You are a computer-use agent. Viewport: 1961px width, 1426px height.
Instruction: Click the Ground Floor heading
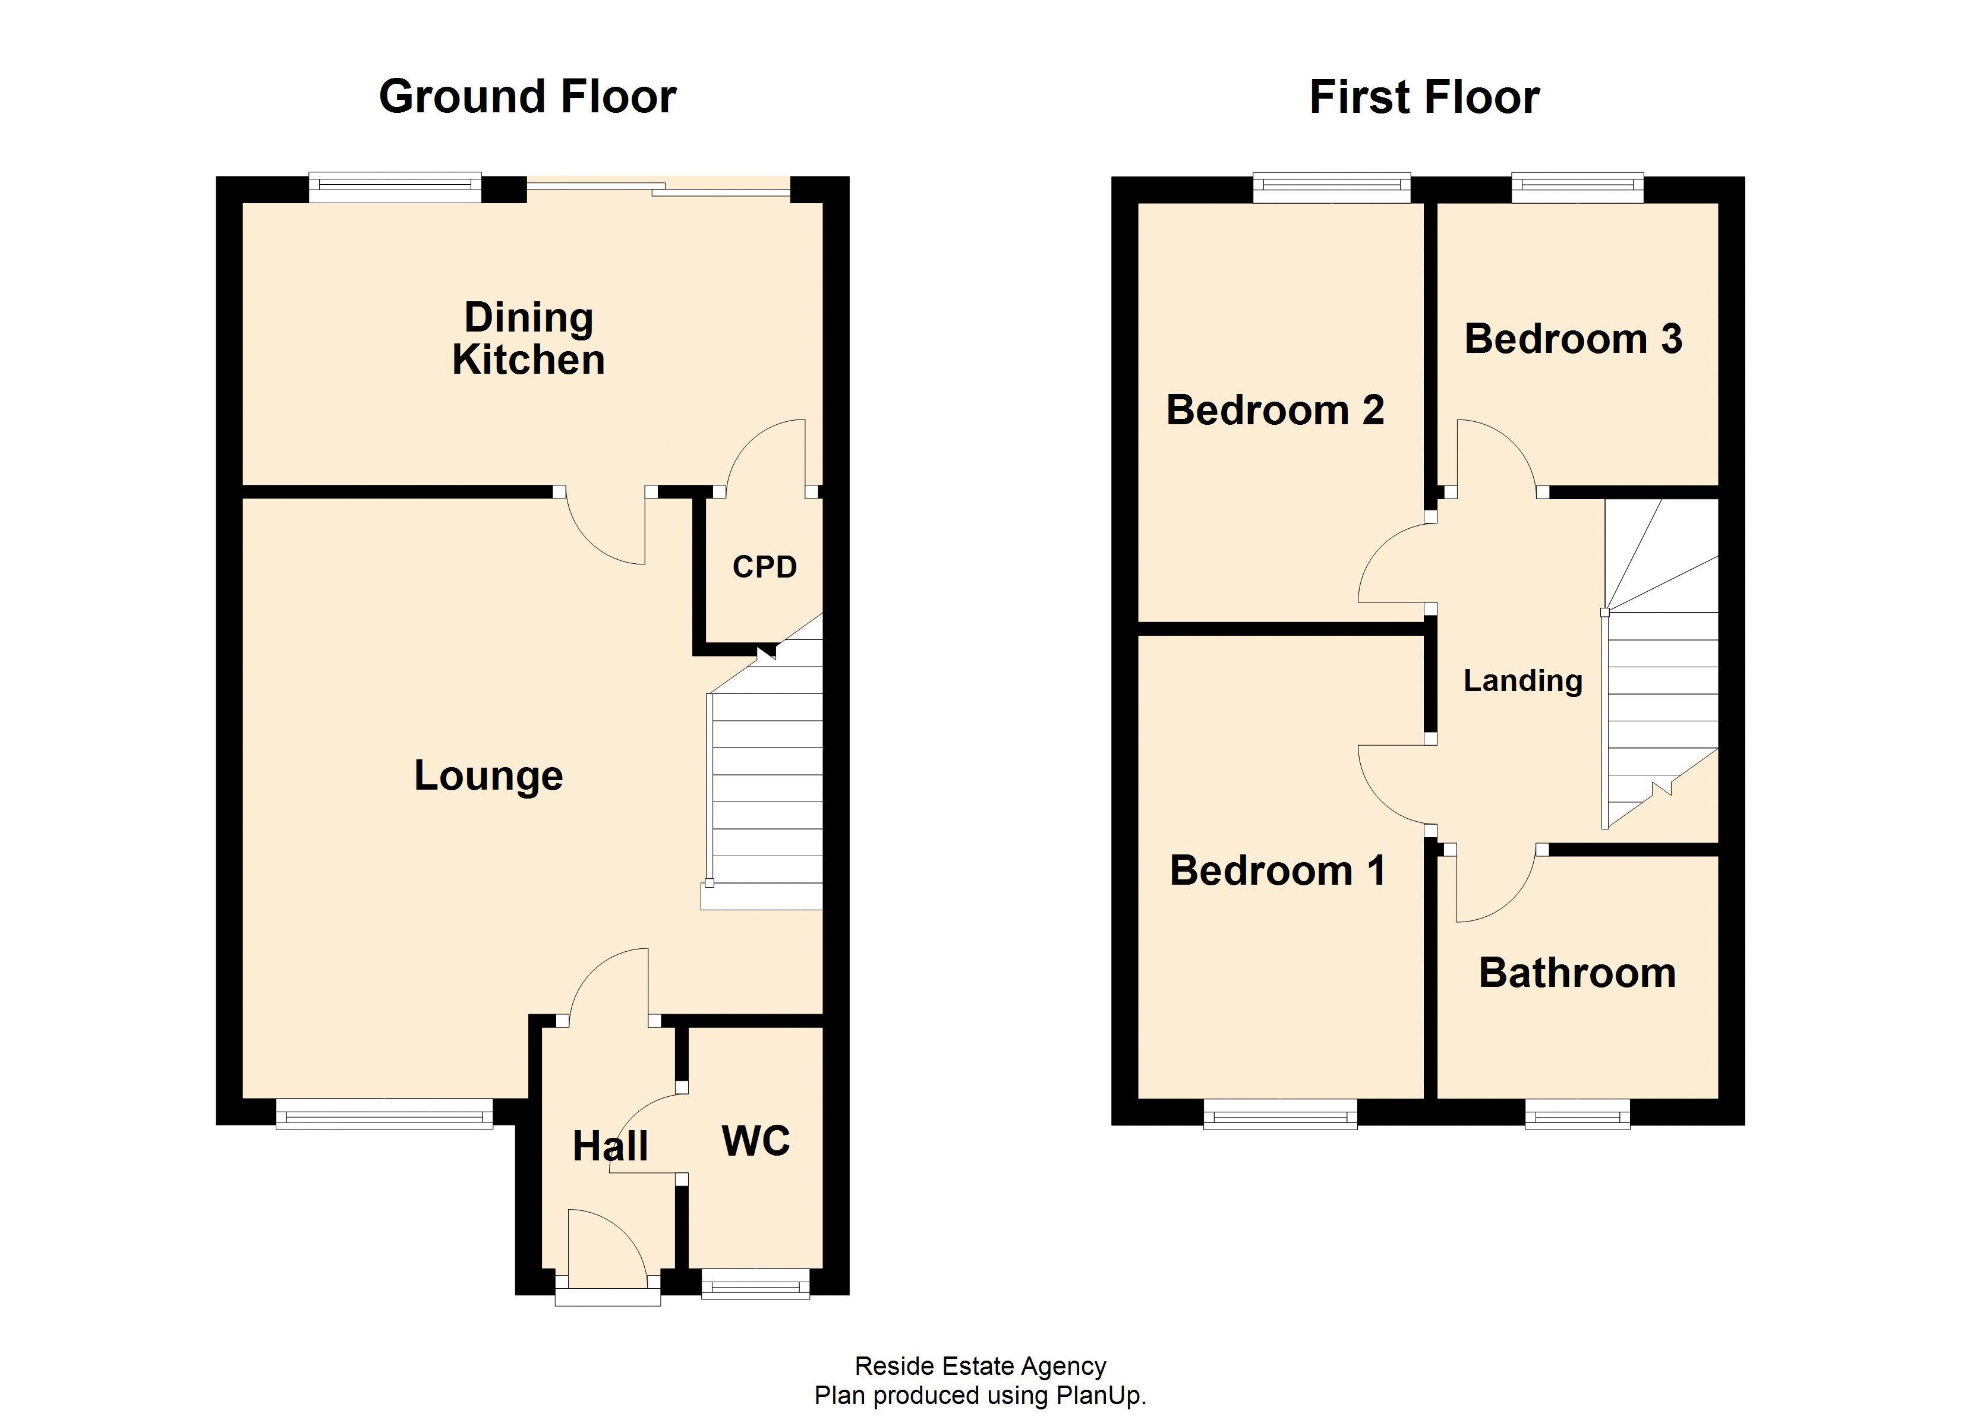tap(528, 97)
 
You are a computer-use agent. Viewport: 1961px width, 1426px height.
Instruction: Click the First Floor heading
tap(1423, 97)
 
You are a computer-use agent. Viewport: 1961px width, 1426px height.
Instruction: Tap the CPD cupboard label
tap(764, 567)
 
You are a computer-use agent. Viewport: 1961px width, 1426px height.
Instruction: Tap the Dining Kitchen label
tap(528, 339)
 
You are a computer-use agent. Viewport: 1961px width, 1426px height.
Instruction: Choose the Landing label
tap(1522, 680)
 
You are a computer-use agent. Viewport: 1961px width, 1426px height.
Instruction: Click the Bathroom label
tap(1577, 973)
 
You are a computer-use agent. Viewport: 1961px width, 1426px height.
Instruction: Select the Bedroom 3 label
tap(1573, 339)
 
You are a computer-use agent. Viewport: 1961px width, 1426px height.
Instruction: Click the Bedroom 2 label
tap(1275, 410)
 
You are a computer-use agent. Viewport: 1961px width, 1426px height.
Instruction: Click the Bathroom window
tap(1577, 1115)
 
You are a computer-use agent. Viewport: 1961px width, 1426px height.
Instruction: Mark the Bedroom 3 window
tap(1577, 188)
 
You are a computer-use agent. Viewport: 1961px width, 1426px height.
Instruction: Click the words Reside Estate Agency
tap(980, 1367)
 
